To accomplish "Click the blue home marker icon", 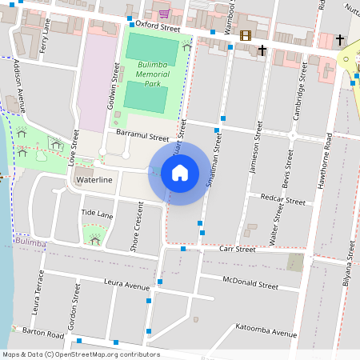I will click(180, 173).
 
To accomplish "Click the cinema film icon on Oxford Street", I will click(244, 35).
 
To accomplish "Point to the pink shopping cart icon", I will click(164, 14).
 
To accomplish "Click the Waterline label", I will click(94, 181).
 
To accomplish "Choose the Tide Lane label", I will click(97, 214).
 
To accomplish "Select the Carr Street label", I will click(237, 250).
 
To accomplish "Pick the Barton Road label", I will click(43, 333).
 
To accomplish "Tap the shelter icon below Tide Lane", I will click(95, 239).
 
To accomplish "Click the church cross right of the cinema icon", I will click(262, 50).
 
